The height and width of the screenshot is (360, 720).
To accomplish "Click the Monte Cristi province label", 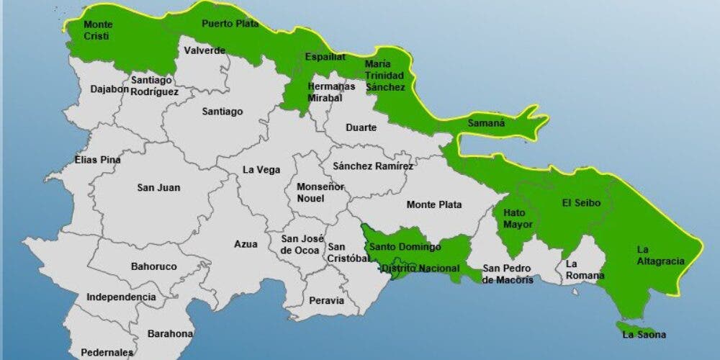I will coord(98,30).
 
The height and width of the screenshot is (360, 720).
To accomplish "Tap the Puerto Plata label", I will coord(230,23).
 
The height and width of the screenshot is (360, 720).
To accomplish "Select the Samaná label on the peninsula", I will coord(486,123).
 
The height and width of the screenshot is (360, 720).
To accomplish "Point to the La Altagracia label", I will coord(660,256).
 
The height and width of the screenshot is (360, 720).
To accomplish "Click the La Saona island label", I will coord(644,334).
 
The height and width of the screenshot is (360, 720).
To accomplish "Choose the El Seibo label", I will coord(582,204).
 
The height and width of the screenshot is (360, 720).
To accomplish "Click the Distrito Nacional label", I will coord(420,269).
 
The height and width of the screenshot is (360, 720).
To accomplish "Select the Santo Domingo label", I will coord(405,247).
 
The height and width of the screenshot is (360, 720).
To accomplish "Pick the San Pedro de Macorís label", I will coord(508,274).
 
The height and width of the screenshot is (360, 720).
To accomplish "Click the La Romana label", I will coord(582,270).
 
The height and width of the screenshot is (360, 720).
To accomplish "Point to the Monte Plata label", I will coord(434,204).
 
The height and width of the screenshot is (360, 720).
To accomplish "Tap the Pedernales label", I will coord(107,353).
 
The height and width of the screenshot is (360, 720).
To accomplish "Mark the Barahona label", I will coord(170,333).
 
